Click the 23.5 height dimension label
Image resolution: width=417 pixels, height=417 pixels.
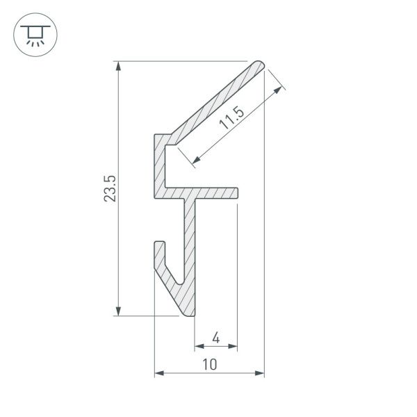coord(110,188)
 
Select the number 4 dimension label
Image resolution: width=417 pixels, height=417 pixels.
coord(215,338)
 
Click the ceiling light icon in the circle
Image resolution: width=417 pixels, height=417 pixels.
coord(32,33)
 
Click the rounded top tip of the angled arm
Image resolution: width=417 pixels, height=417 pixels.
coord(261,65)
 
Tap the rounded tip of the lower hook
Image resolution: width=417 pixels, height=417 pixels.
coord(159,245)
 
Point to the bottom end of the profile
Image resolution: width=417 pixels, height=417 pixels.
coord(191,314)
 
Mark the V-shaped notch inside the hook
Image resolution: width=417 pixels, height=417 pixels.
coord(177,281)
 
